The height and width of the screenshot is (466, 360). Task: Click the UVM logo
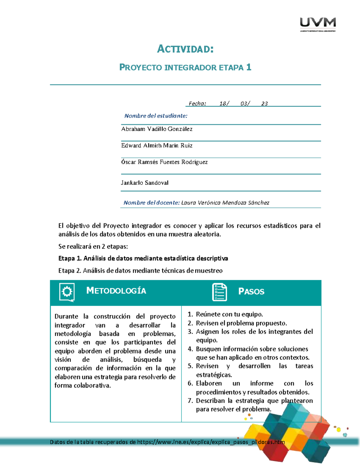(x=318, y=24)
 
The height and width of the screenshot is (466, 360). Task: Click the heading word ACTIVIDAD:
(x=185, y=49)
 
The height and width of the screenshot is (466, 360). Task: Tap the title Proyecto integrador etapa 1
(x=185, y=67)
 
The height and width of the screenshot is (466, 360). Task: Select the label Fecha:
(x=197, y=104)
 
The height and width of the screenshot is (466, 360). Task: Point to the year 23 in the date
(x=264, y=104)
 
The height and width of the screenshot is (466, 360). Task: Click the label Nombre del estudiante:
(x=156, y=116)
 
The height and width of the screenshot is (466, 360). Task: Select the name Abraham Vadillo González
(x=157, y=129)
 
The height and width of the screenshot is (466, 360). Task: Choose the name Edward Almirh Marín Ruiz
(x=157, y=146)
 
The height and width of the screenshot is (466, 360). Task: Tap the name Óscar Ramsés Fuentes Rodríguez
(x=164, y=162)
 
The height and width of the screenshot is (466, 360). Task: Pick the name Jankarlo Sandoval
(x=145, y=183)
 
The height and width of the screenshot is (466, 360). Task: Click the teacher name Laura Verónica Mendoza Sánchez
(x=225, y=203)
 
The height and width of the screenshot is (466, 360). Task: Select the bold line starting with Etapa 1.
(x=143, y=258)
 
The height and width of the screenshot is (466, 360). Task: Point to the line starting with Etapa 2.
(x=140, y=271)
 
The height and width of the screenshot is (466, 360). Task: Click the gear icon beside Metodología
(x=67, y=292)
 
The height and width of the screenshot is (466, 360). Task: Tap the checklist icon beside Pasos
(x=219, y=292)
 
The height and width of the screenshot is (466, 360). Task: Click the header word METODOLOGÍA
(x=116, y=291)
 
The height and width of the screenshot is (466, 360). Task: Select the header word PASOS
(x=251, y=291)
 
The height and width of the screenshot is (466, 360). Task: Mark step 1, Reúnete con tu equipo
(x=229, y=314)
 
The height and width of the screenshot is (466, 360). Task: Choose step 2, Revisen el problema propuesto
(x=241, y=323)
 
